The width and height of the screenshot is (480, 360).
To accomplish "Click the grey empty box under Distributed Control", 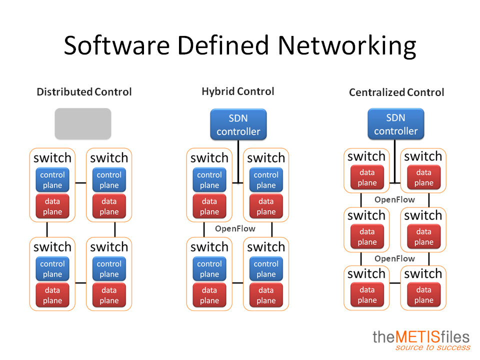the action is (83, 123).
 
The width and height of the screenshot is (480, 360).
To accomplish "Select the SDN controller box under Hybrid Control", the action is (238, 124).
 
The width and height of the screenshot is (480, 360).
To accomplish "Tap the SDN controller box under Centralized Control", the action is (396, 124).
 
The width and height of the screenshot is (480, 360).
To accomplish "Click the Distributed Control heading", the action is (84, 92).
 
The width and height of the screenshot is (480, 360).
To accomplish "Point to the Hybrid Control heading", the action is (238, 91).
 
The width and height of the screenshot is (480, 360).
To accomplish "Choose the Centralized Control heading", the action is (396, 92).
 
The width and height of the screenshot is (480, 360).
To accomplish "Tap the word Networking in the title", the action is (347, 46).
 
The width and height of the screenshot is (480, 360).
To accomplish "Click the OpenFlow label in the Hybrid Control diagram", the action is (235, 228).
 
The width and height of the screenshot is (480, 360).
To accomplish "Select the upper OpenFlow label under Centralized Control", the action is (394, 200).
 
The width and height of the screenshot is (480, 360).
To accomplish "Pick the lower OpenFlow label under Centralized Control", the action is (394, 259).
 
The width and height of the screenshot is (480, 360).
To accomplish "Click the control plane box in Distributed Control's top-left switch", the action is (52, 180).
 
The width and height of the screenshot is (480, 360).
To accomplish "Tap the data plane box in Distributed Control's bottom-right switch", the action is (109, 295).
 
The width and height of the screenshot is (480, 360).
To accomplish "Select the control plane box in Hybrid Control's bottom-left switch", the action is (209, 269).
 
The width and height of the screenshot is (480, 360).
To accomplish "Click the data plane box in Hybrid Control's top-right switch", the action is (266, 206).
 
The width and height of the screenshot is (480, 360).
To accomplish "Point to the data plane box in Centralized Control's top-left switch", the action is (367, 177).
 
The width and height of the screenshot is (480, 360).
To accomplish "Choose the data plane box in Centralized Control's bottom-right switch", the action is (423, 295).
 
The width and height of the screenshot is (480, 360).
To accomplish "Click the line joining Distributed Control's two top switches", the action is (81, 183).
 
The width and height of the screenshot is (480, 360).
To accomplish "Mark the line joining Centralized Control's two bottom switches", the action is (395, 283).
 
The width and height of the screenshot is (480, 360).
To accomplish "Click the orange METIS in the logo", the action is (417, 337).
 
